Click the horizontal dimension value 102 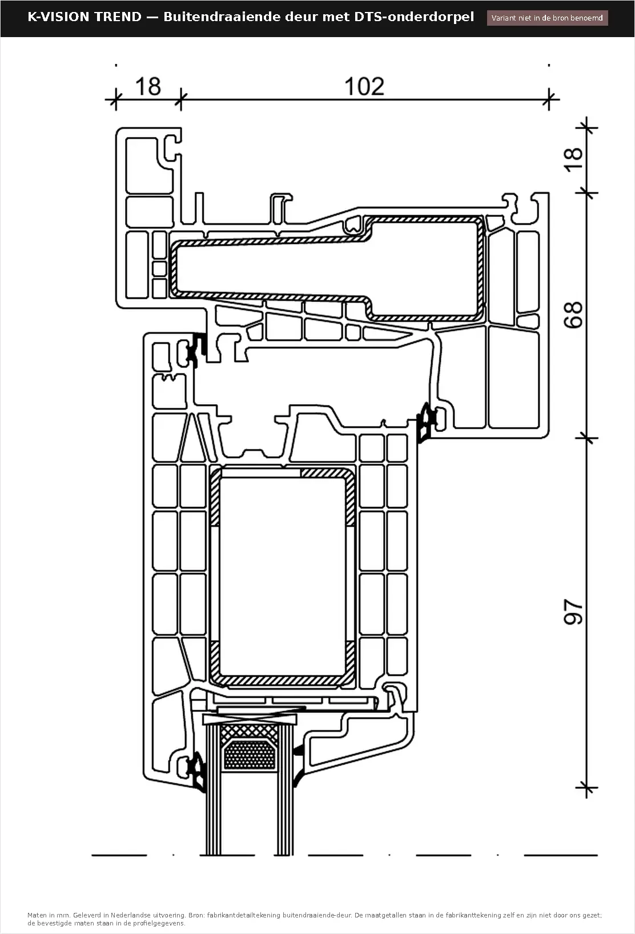pyautogui.click(x=364, y=86)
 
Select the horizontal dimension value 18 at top pyautogui.click(x=148, y=86)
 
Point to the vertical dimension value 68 pyautogui.click(x=573, y=315)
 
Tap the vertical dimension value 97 pyautogui.click(x=573, y=611)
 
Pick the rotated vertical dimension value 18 pyautogui.click(x=573, y=160)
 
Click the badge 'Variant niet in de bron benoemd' pyautogui.click(x=547, y=18)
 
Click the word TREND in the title pyautogui.click(x=118, y=17)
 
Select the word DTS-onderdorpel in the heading pyautogui.click(x=414, y=17)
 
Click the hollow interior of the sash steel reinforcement pyautogui.click(x=282, y=576)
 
